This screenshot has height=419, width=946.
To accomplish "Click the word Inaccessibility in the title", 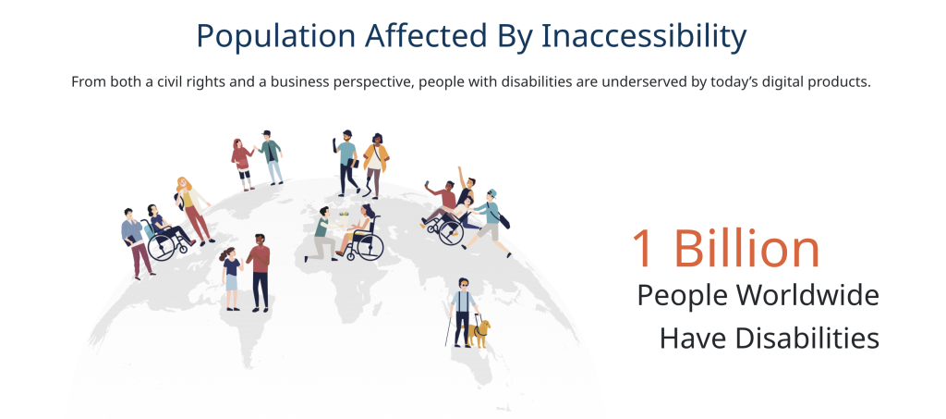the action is tap(644, 36).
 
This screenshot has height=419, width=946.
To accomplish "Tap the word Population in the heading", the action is tap(275, 36).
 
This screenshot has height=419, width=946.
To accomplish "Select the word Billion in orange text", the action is tap(746, 248).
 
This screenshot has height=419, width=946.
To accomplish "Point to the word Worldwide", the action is tap(807, 295).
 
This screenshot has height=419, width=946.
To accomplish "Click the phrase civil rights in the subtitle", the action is tap(190, 82).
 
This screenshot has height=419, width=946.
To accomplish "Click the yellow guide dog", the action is tap(479, 334).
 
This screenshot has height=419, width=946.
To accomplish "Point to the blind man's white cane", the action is tap(450, 329).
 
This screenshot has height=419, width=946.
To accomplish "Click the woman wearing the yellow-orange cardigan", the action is tap(375, 165).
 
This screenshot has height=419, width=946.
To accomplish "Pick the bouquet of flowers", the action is tap(344, 215).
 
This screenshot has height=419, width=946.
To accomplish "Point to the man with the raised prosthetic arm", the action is tap(346, 163).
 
